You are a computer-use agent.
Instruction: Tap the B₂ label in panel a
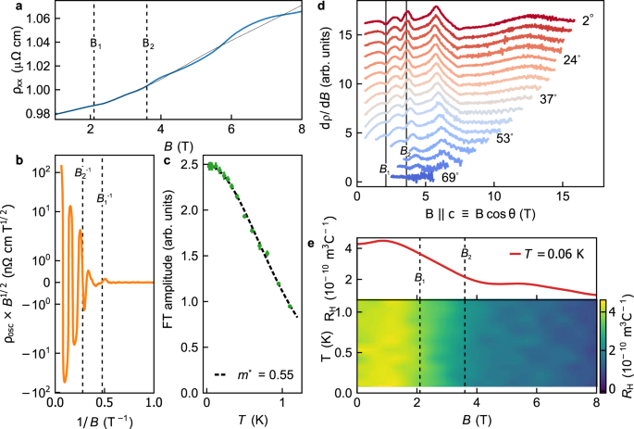146,43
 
